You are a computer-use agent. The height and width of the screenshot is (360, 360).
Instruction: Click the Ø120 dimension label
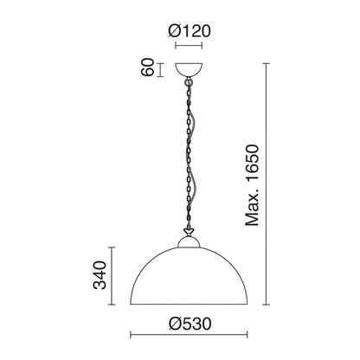[190, 31]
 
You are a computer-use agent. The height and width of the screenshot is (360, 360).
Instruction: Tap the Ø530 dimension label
[190, 324]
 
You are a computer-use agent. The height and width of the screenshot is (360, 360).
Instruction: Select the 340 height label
[100, 275]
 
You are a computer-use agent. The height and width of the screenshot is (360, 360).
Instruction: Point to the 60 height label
[147, 67]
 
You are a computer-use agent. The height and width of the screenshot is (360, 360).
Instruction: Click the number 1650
[252, 163]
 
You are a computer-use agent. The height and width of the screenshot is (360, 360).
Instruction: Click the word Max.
[252, 207]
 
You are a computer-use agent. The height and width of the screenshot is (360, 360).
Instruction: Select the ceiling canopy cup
[189, 69]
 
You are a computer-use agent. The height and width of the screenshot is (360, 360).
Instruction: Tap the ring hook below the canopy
[189, 82]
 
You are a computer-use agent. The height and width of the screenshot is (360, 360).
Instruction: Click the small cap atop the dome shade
[189, 242]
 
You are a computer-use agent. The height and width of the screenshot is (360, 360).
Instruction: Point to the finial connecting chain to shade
[189, 231]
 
